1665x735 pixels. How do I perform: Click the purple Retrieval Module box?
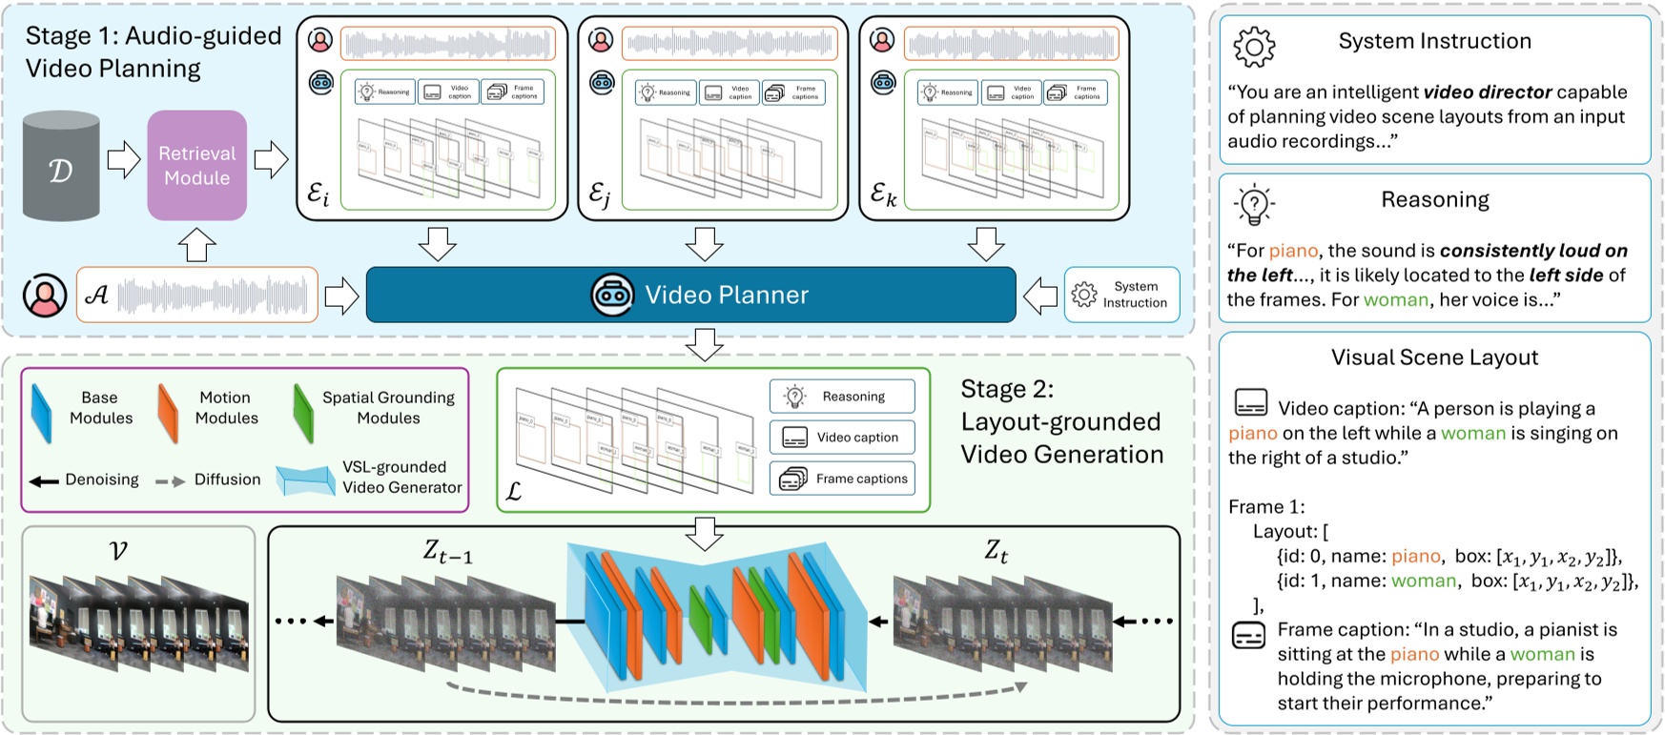196,165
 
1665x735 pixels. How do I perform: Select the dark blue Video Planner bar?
690,295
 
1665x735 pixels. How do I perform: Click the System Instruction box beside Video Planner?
1121,295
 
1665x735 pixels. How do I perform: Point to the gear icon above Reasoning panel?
1254,46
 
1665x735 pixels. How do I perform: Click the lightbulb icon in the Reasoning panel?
1254,203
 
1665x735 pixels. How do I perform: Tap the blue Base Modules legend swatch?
41,413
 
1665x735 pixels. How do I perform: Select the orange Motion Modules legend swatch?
168,413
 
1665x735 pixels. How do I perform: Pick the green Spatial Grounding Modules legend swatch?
302,413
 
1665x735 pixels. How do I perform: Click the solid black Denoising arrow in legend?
43,480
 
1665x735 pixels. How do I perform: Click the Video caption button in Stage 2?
842,438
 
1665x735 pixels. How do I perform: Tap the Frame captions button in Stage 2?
842,479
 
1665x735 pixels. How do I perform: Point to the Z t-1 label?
447,551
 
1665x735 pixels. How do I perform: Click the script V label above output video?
118,550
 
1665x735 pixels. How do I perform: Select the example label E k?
883,195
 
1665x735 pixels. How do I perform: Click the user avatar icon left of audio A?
44,296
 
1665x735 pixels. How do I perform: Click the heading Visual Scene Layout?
1434,357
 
